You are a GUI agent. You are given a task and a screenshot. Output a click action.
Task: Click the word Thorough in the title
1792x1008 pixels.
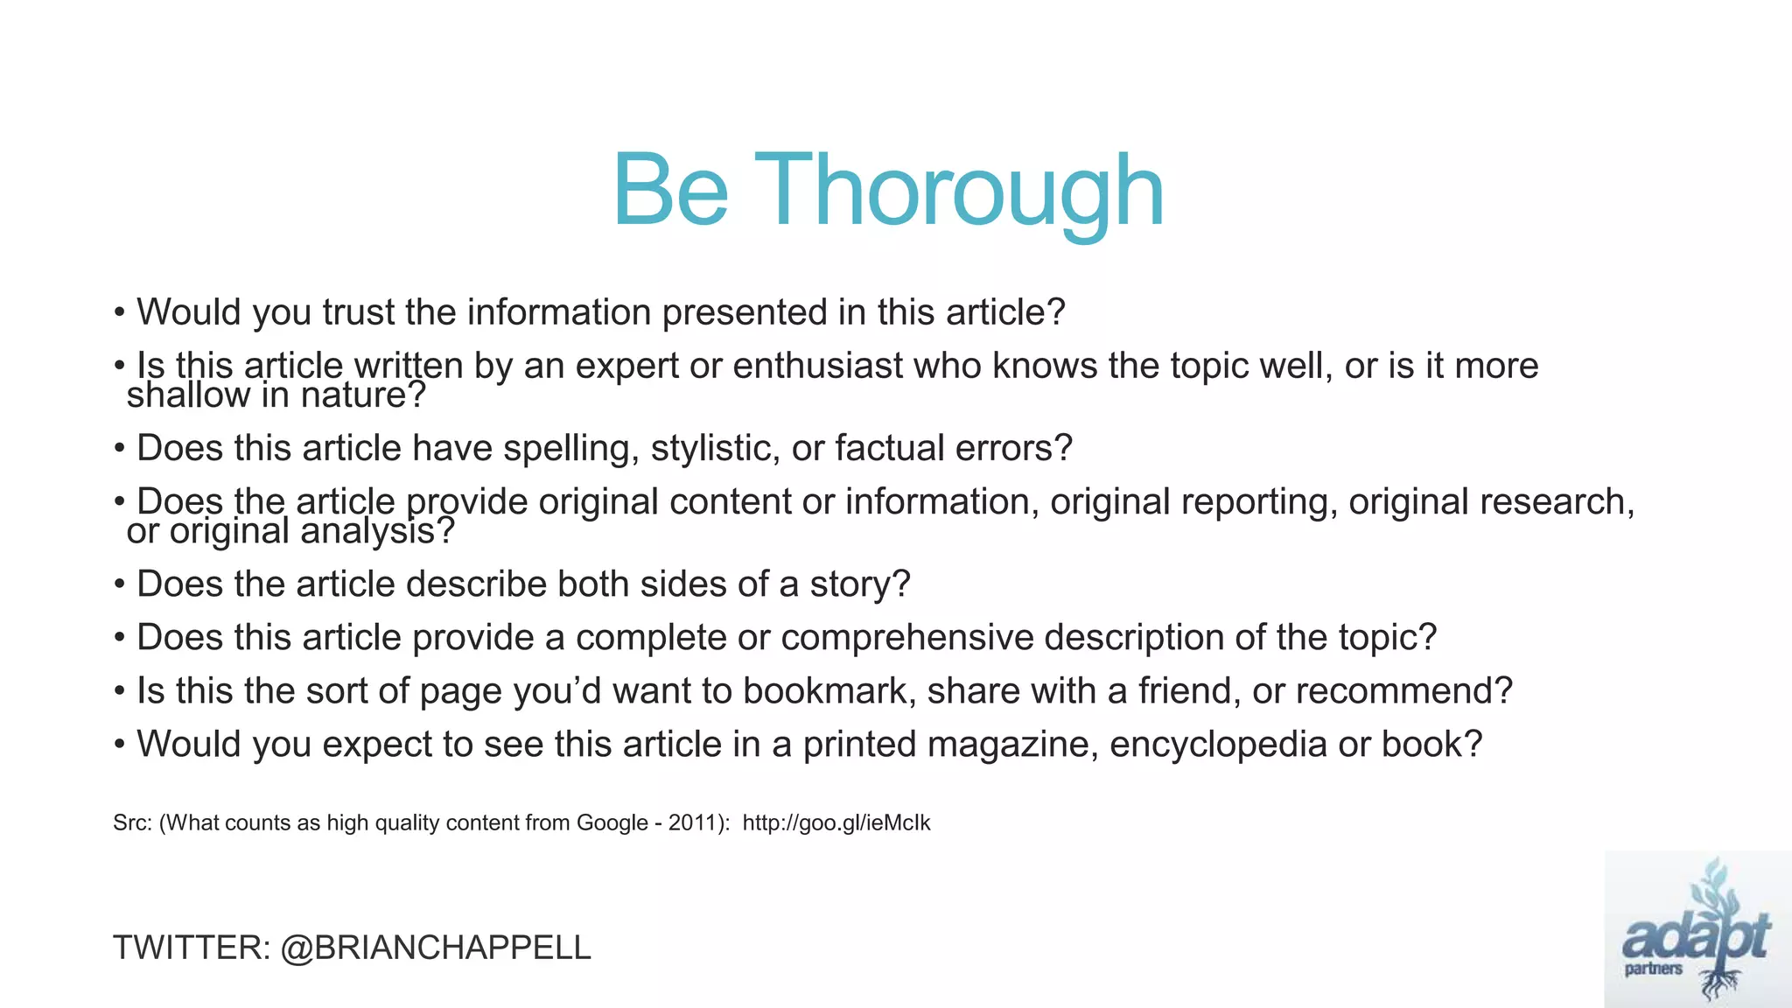tap(958, 191)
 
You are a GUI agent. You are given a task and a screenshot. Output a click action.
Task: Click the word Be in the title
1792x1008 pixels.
tap(670, 191)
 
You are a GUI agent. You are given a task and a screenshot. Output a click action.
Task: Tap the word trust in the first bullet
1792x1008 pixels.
tap(359, 312)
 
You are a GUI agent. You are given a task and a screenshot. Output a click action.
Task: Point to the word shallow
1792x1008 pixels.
tap(188, 395)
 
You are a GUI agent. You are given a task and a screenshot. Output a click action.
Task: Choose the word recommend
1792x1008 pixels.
tap(1403, 691)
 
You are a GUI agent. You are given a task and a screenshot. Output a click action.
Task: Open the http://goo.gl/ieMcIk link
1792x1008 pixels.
tap(836, 822)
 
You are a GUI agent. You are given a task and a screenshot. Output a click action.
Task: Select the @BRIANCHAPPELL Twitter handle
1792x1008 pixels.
tap(436, 948)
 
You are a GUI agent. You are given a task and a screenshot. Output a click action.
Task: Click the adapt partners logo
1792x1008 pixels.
tap(1697, 929)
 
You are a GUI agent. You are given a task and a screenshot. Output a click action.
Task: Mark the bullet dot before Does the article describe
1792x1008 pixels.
tap(119, 584)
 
